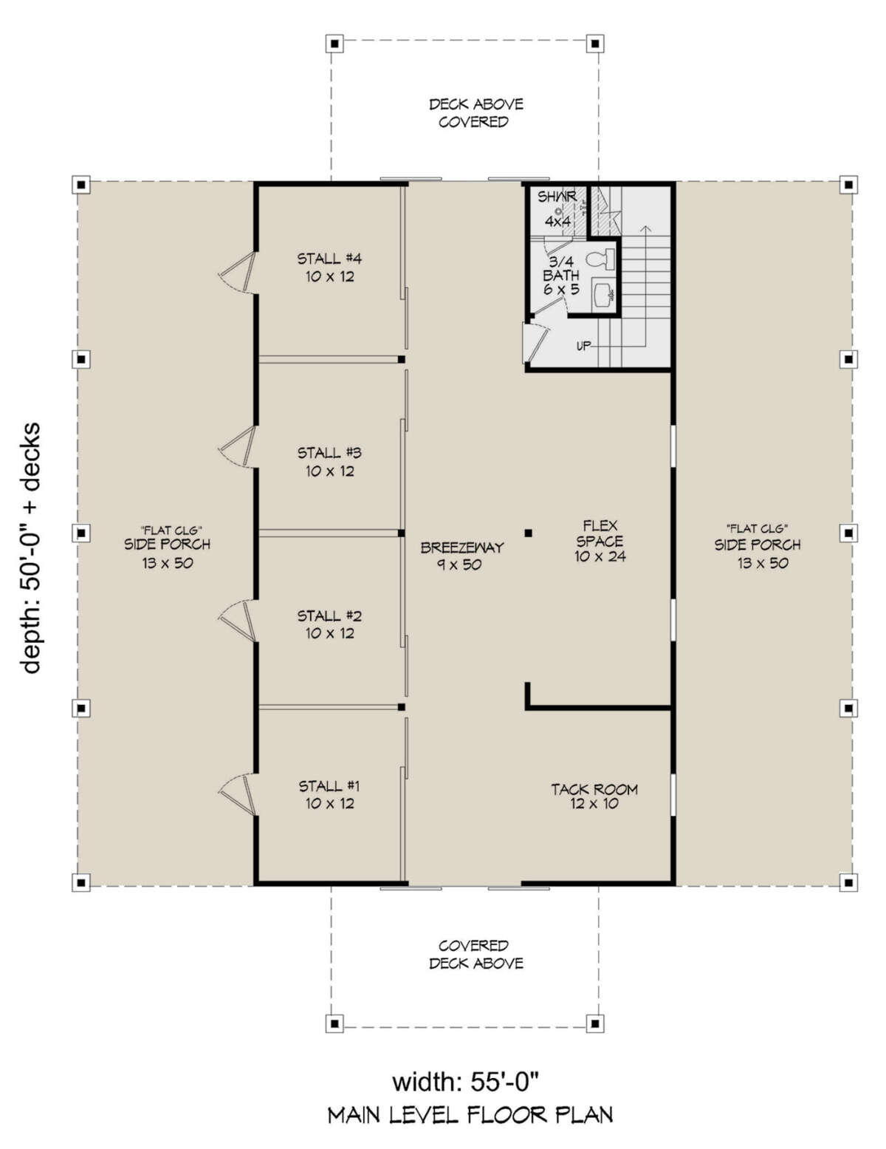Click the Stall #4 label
tap(329, 267)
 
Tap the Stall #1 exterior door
tap(238, 795)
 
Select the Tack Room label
tap(594, 797)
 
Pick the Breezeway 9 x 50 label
tap(461, 556)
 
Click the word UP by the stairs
tap(583, 347)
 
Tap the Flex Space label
tap(600, 541)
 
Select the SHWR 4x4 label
tap(557, 209)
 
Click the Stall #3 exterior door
tap(238, 447)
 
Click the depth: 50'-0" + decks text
tap(32, 548)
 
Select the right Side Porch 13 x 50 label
tap(758, 547)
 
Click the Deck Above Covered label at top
tap(475, 113)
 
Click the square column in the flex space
tap(528, 533)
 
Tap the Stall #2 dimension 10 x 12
tap(330, 633)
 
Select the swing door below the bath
tap(536, 343)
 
